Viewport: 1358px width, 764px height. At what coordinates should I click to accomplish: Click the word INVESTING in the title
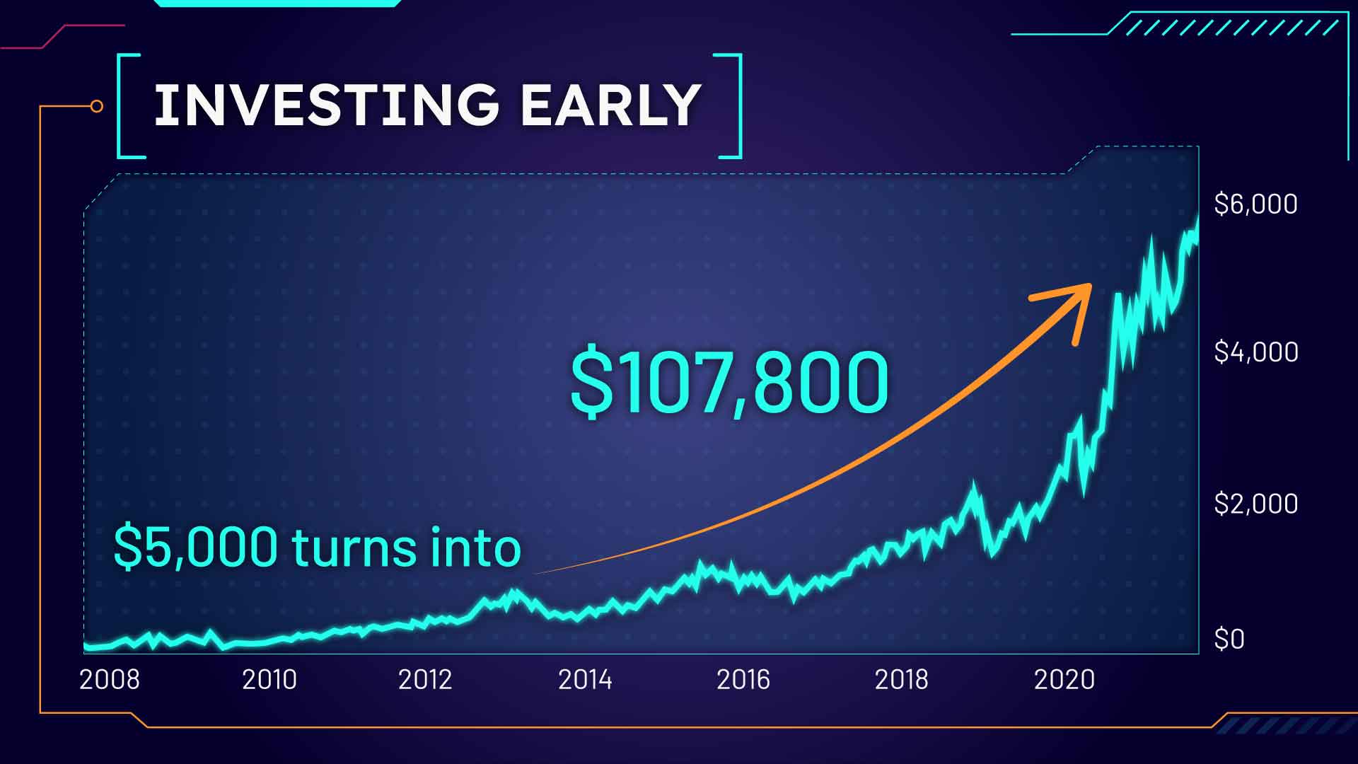coord(326,105)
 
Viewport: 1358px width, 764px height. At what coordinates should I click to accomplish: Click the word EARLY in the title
coord(610,105)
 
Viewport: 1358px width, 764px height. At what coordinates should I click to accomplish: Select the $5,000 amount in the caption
coord(196,547)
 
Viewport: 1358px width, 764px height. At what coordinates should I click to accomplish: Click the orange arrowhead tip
coord(1091,285)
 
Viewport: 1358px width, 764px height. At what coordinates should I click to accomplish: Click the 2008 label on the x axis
coord(110,680)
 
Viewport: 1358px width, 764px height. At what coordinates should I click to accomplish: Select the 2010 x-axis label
coord(269,680)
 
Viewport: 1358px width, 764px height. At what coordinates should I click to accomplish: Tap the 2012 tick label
coord(425,680)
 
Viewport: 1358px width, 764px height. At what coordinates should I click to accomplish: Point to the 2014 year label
coord(585,680)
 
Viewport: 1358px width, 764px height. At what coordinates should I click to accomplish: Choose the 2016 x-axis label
coord(743,680)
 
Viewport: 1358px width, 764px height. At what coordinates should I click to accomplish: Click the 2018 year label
coord(902,680)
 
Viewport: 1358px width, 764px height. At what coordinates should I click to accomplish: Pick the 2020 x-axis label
coord(1064,680)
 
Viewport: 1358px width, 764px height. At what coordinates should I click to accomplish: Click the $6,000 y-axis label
coord(1256,204)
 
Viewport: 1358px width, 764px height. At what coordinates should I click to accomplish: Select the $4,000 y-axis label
coord(1256,352)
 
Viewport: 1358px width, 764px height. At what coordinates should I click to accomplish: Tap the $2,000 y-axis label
coord(1256,504)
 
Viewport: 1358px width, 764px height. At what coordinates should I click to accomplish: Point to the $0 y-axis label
coord(1229,639)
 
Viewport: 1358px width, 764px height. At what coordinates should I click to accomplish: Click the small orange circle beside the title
coord(97,106)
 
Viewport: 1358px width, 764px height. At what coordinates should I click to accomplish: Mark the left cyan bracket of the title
coord(120,106)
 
